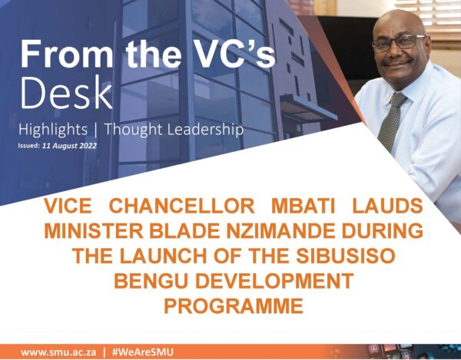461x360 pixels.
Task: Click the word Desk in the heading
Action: point(66,92)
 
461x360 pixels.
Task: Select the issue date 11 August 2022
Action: point(69,146)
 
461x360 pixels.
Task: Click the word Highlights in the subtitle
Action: point(53,130)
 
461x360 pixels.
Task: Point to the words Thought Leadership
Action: point(174,130)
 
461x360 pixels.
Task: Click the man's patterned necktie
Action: point(391,121)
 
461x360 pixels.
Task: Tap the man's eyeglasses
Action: point(399,43)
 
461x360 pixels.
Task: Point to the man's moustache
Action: point(396,61)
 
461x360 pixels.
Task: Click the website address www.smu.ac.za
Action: point(58,352)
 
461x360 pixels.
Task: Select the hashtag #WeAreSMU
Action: point(143,352)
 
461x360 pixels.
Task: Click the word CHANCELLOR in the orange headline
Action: point(181,206)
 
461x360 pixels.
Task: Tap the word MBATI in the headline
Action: point(303,206)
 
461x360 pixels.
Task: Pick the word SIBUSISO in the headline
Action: point(346,256)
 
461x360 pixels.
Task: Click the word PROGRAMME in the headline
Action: point(234,306)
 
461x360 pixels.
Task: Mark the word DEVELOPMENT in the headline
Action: point(274,281)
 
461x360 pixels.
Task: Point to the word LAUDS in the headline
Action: point(387,206)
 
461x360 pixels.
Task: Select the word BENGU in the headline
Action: point(151,281)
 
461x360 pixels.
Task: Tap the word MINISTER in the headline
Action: point(94,231)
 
